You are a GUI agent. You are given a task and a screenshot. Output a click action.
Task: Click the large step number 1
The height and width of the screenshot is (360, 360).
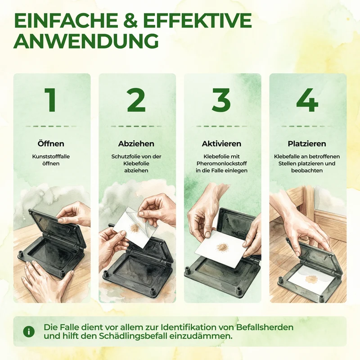pos(51,100)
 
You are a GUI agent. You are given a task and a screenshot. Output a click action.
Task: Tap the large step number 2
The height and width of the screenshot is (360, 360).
pos(136,100)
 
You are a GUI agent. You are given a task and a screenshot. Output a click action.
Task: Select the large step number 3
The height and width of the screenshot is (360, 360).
pos(221,100)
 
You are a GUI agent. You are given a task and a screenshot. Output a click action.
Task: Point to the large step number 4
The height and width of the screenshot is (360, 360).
pos(307,100)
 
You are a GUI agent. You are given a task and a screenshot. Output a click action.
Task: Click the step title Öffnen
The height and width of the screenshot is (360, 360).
pos(51,144)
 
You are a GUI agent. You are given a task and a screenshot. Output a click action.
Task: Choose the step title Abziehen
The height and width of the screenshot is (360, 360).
pos(136,144)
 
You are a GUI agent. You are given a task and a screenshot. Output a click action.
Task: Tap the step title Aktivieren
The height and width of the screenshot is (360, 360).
pos(221,144)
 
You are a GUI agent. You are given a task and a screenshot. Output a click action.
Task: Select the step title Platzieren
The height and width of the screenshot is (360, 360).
pos(307,144)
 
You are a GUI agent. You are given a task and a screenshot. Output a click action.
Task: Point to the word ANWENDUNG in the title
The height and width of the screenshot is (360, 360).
pos(86,41)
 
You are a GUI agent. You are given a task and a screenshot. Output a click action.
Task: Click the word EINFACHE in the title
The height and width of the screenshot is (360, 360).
pos(65,21)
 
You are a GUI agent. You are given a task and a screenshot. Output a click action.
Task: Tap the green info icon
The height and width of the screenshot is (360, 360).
pos(29,332)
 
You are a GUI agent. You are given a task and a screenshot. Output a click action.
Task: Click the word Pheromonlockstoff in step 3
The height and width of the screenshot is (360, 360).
pos(221,163)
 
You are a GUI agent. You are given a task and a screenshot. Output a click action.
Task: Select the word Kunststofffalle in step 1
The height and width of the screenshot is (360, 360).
pos(51,157)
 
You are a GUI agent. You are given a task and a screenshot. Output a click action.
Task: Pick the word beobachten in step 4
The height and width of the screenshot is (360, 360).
pos(307,171)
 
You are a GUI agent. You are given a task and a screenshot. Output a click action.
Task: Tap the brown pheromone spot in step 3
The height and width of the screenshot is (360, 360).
pos(221,247)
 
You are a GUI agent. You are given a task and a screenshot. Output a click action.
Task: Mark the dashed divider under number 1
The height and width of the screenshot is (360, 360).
pos(51,126)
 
